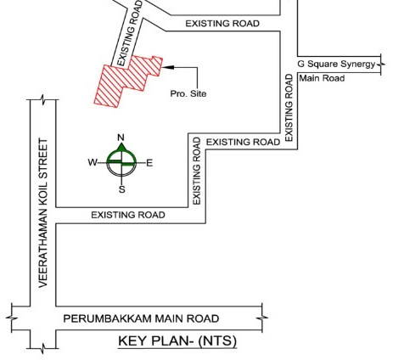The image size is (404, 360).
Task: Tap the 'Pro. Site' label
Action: (x=188, y=93)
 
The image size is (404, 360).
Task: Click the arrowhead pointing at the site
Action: (x=166, y=65)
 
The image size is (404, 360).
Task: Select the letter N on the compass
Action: (x=121, y=138)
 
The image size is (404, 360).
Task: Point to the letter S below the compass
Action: (x=121, y=189)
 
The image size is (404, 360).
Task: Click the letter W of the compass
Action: (x=92, y=162)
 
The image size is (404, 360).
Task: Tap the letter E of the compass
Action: (x=149, y=162)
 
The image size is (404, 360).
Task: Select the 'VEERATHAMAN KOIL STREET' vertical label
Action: (x=42, y=212)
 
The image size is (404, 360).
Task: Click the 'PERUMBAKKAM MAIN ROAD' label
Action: (x=141, y=318)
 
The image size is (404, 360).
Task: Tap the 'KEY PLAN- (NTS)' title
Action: (x=176, y=341)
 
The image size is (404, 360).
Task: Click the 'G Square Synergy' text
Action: (x=335, y=65)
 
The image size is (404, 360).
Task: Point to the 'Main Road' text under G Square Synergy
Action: (x=322, y=79)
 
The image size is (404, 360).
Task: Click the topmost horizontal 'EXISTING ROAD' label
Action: (x=222, y=23)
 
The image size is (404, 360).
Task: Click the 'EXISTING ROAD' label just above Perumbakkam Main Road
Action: (x=128, y=216)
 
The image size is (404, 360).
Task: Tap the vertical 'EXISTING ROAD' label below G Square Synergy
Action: (x=289, y=107)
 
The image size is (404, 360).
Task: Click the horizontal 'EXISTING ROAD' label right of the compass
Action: (x=242, y=142)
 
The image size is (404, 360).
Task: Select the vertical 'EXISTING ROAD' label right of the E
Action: (x=197, y=170)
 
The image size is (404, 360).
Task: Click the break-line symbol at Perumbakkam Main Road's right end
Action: (x=263, y=318)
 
